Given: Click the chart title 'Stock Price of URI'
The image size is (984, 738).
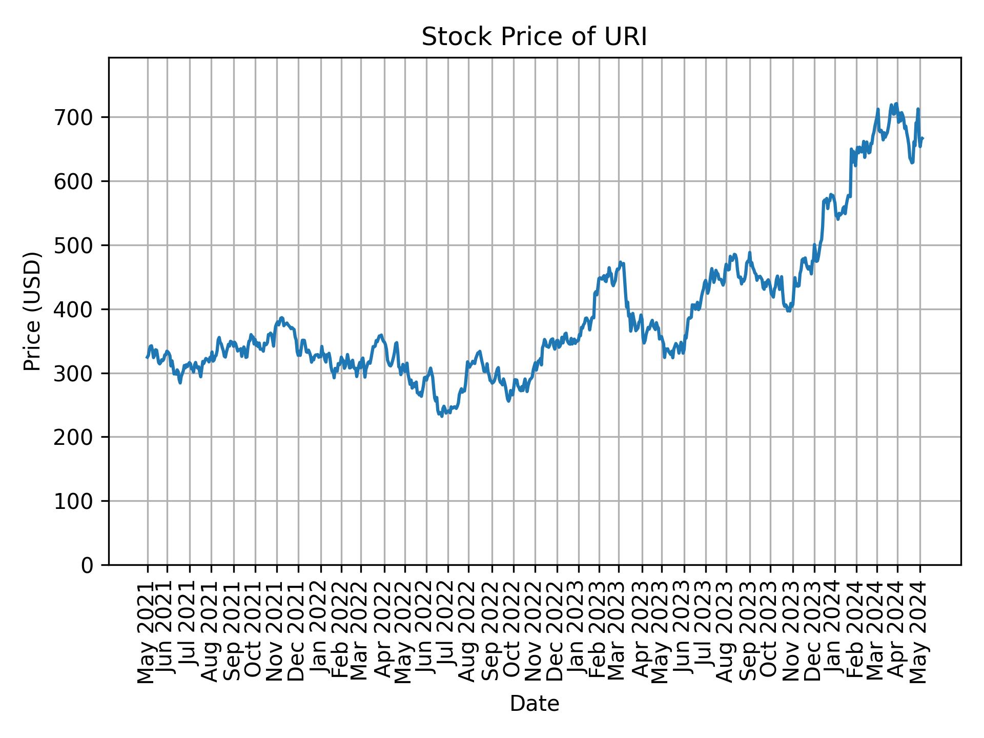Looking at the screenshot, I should (x=534, y=37).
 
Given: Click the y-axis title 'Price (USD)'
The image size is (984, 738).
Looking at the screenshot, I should (x=32, y=311).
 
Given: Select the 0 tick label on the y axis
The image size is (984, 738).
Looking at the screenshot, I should (x=87, y=565).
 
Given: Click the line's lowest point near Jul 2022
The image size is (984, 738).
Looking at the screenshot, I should (x=442, y=416).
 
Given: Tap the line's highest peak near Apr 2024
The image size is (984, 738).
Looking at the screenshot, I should (x=895, y=104).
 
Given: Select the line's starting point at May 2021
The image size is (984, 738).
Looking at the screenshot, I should (x=147, y=357).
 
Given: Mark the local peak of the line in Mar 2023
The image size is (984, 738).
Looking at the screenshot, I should (x=620, y=262).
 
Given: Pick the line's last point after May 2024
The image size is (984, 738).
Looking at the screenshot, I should (x=922, y=138).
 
